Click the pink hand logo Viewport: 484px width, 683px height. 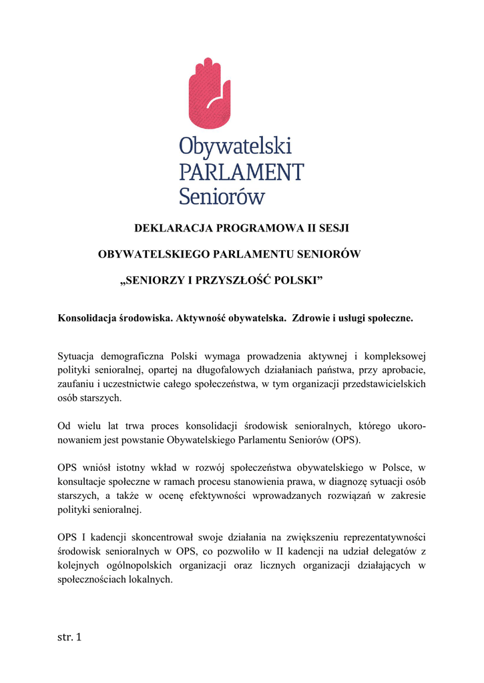tap(209, 93)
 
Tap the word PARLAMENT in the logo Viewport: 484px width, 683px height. tap(241, 171)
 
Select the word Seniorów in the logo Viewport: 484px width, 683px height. tap(222, 195)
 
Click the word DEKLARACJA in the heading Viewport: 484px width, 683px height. tap(173, 228)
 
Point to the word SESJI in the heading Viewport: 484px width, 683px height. tap(333, 228)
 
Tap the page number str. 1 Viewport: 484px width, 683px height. tap(69, 638)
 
